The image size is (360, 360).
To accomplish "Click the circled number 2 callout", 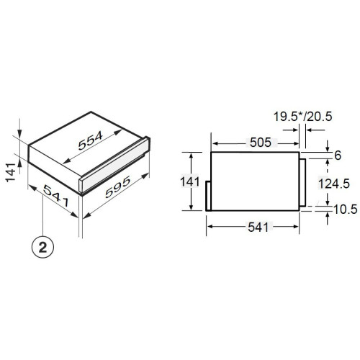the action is click(x=42, y=247).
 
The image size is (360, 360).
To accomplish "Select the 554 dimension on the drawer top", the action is click(x=91, y=140).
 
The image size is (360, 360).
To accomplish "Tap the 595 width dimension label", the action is click(x=118, y=187).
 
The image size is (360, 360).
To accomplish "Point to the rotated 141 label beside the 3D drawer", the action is click(x=11, y=172).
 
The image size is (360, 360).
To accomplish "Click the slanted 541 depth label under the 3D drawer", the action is click(x=57, y=196).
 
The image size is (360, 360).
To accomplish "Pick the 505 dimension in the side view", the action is click(x=261, y=143).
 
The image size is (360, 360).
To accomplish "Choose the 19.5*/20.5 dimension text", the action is click(x=303, y=117).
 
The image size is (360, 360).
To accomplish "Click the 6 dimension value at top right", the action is click(x=338, y=156).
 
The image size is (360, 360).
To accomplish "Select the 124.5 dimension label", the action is click(x=334, y=184).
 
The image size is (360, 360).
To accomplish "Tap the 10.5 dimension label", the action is click(x=346, y=210).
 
